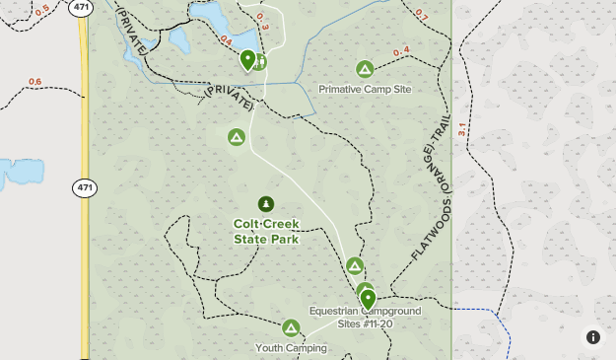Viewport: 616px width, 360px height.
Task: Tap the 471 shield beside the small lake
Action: point(85,187)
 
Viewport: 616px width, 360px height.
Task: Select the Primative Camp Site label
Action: point(365,89)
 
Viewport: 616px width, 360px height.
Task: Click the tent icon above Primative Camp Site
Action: point(365,69)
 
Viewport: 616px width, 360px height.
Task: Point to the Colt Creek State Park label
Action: point(266,231)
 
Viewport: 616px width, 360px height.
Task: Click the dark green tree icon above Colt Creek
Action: point(266,204)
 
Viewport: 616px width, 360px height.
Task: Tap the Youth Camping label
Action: point(291,347)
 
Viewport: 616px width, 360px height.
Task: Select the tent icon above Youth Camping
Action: point(291,327)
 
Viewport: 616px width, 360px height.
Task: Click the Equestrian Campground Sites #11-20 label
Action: point(365,317)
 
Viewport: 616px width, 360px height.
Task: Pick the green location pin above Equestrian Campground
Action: point(368,297)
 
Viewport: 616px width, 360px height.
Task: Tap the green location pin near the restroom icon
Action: point(247,59)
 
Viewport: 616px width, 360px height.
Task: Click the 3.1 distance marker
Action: point(461,129)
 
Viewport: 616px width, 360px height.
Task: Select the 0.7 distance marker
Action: point(422,16)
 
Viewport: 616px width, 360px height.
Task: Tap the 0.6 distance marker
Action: point(35,82)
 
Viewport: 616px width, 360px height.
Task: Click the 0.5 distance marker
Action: point(41,11)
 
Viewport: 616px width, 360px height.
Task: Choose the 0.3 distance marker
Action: point(262,17)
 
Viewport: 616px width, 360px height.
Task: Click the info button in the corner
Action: point(593,337)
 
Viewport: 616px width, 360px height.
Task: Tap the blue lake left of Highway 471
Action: point(20,174)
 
